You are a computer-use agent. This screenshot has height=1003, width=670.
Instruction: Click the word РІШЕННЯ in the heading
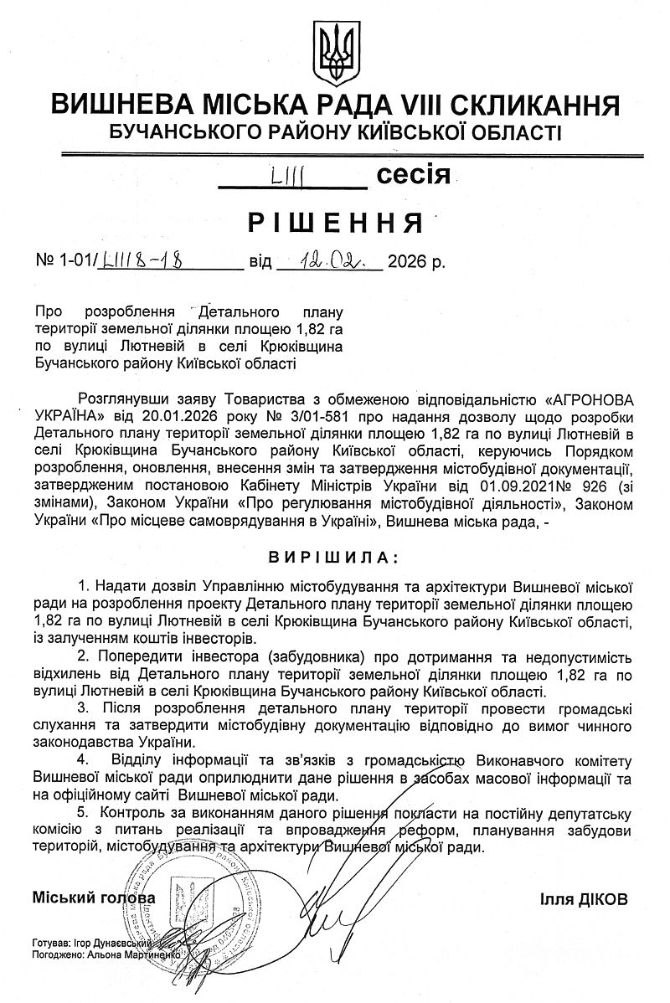[333, 223]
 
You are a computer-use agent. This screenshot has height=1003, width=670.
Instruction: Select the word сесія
[414, 175]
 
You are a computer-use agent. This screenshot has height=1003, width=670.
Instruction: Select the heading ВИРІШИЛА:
[333, 557]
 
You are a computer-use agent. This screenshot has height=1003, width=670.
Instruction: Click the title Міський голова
[94, 898]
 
